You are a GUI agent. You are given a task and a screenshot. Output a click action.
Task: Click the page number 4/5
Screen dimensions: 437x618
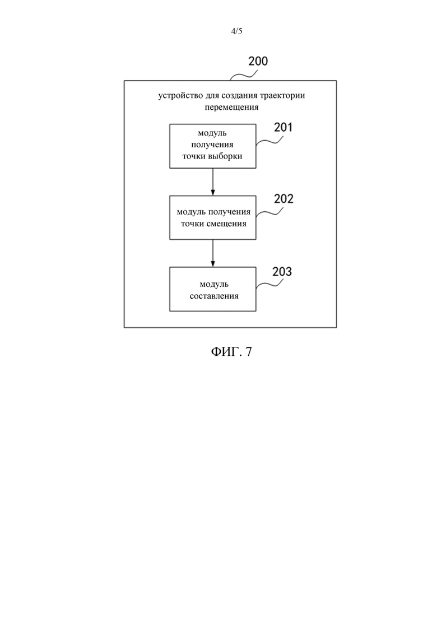coord(236,31)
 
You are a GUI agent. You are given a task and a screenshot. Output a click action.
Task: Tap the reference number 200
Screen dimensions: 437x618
coord(258,61)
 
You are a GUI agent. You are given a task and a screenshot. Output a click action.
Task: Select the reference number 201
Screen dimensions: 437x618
coord(283,127)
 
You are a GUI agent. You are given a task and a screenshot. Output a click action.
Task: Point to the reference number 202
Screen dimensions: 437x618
coord(283,199)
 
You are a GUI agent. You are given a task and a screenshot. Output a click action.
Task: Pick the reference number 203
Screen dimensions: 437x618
coord(282,272)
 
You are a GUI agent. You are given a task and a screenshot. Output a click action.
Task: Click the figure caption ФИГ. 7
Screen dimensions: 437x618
coord(231,351)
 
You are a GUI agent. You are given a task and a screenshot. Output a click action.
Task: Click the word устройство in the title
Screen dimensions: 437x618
coord(180,96)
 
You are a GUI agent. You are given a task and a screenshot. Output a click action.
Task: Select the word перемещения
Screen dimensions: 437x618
coord(231,107)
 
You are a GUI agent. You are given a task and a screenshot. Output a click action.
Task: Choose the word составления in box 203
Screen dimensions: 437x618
coord(214,296)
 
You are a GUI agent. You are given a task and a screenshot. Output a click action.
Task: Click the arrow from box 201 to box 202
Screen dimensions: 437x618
coord(213,182)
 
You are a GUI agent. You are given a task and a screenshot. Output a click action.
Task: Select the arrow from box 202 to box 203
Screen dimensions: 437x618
coord(213,253)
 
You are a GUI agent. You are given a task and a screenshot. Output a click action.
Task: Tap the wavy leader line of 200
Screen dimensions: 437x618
coord(244,75)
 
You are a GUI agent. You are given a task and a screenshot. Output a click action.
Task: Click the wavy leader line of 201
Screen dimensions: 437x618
coord(269,141)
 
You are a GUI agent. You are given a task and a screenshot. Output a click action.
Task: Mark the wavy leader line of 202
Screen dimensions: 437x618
coord(269,212)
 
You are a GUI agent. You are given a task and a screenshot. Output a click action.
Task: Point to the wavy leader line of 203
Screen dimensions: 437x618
coord(269,284)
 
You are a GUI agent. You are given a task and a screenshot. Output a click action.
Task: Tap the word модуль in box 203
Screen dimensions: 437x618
coord(214,285)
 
